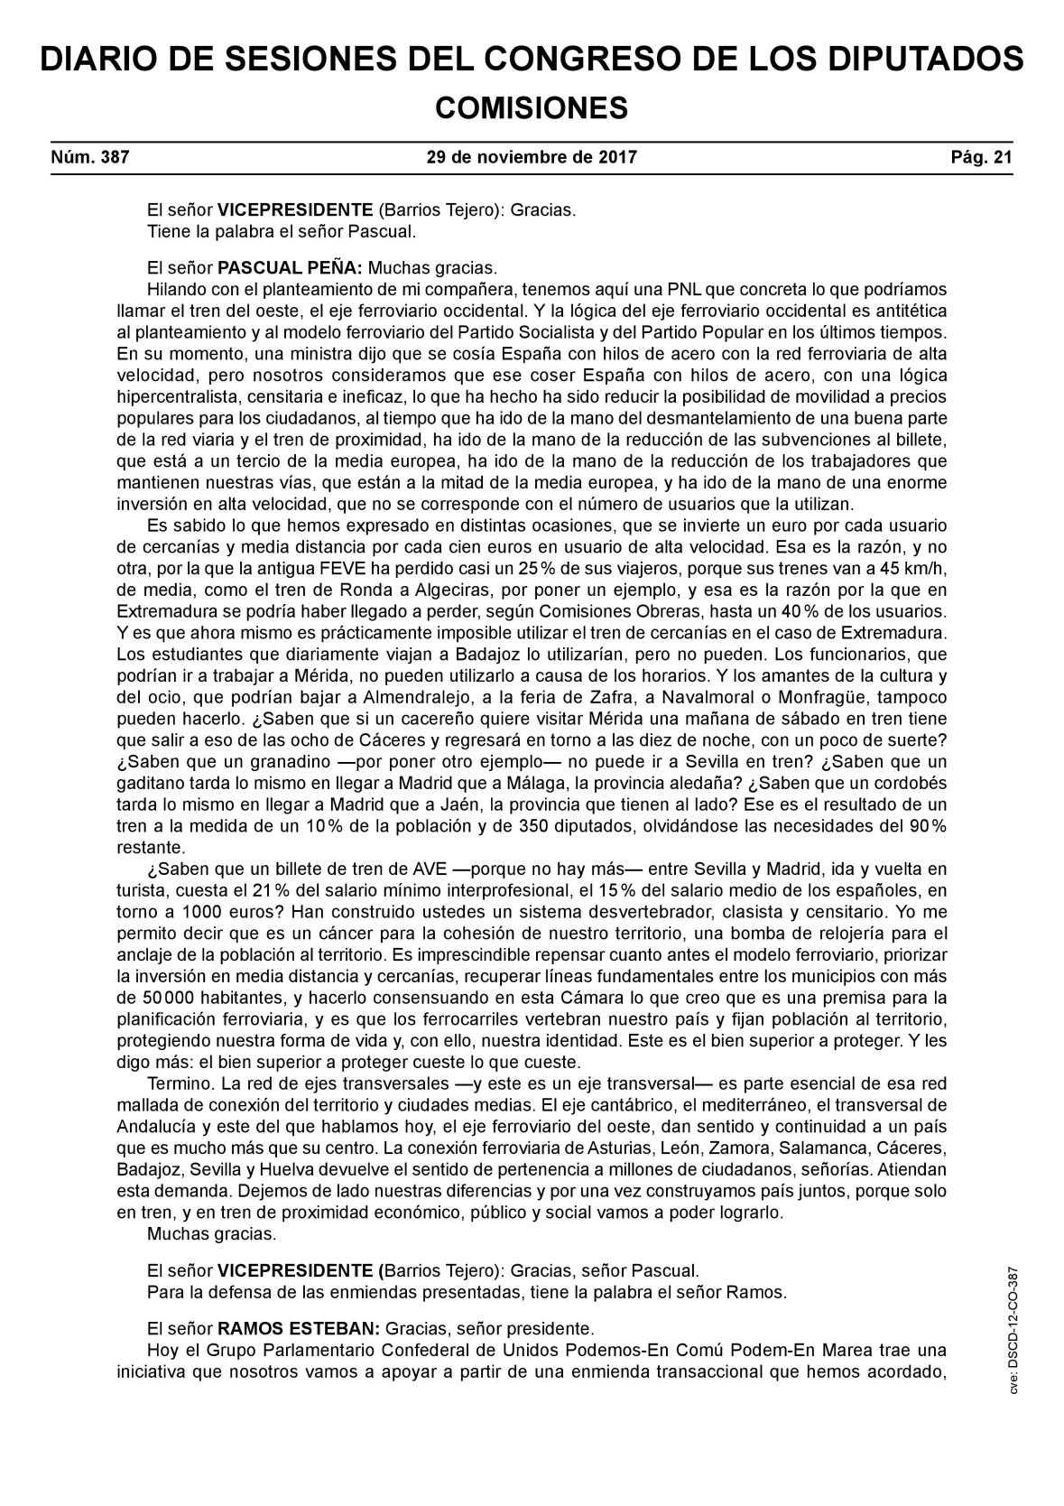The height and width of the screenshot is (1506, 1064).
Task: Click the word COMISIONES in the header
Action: click(x=531, y=108)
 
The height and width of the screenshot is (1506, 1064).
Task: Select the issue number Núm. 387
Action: click(x=90, y=157)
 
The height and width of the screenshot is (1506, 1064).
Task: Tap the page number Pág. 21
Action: click(x=981, y=157)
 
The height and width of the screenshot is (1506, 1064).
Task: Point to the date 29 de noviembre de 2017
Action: click(x=532, y=157)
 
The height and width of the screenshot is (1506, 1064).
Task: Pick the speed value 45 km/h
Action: click(x=902, y=568)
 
